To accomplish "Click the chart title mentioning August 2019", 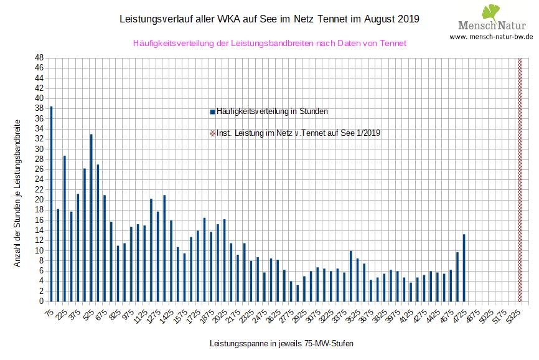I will (x=269, y=19).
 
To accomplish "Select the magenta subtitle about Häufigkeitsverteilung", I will (x=269, y=44).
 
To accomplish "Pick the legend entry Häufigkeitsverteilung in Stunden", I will (x=269, y=111).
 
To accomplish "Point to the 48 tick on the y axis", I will (x=39, y=58).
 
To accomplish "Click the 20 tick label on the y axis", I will (x=39, y=200).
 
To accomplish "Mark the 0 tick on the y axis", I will (x=41, y=301).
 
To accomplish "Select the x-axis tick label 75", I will (x=49, y=314).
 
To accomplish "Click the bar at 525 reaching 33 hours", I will (x=91, y=218).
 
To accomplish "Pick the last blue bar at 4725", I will (x=464, y=268).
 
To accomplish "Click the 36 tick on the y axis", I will (x=39, y=119).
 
